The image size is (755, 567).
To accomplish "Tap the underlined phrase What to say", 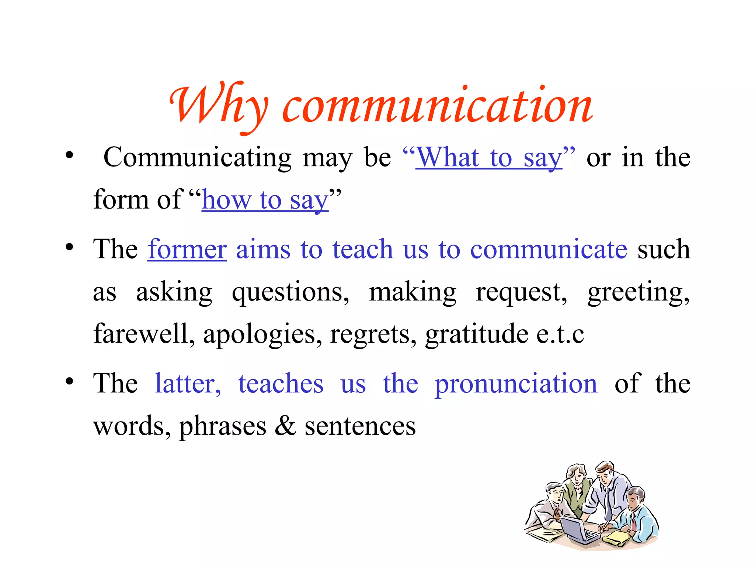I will pos(489,158).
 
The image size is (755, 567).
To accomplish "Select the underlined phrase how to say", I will pos(265,200).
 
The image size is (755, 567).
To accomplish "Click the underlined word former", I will pos(187,249).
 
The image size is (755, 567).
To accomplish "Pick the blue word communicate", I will pos(549,249).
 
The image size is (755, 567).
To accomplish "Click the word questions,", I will pos(290,292).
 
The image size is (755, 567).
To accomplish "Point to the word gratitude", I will pos(477,334).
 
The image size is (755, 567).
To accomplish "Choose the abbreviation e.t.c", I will pos(560,334).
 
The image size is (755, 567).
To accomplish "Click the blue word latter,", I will pos(188,384).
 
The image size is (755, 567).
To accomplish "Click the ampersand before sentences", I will pos(285,426).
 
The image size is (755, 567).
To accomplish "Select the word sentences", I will pos(360,426).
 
